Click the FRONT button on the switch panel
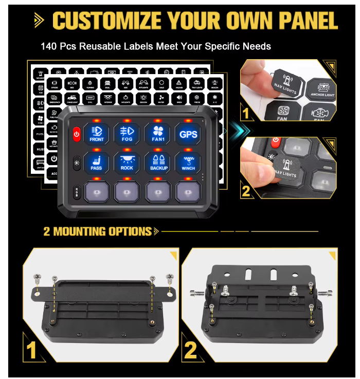97,133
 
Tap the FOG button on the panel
127,133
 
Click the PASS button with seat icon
97,161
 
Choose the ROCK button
127,161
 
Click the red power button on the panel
76,135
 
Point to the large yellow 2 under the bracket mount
190,350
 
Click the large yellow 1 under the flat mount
31,350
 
